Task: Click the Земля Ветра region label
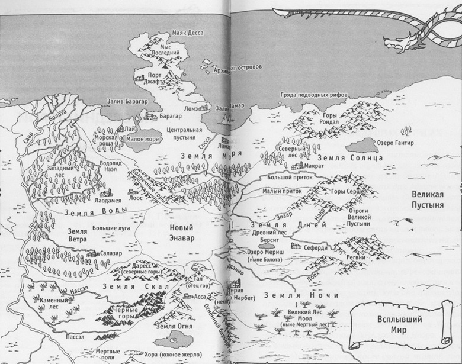(78, 236)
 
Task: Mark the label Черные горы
(123, 311)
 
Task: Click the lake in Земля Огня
(177, 339)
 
